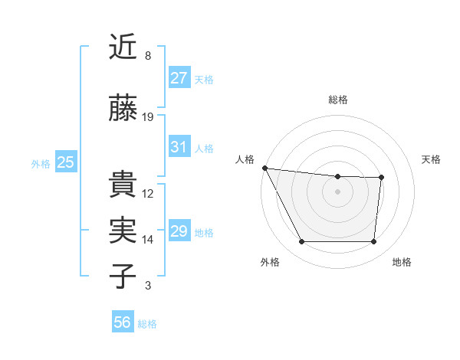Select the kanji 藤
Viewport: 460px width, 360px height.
tap(123, 109)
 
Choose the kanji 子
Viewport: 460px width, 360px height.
tap(123, 276)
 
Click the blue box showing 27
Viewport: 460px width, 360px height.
tap(179, 78)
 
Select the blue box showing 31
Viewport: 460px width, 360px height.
tap(179, 148)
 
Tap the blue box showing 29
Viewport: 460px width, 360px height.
tap(179, 231)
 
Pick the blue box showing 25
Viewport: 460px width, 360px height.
tap(65, 162)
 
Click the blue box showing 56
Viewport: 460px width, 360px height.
tap(123, 322)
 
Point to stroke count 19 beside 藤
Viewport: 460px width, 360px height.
tap(149, 117)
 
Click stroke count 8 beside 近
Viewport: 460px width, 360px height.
tap(148, 55)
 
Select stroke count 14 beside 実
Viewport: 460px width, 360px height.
tap(148, 240)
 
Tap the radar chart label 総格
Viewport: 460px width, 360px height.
tap(338, 100)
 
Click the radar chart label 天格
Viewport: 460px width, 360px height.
tap(431, 159)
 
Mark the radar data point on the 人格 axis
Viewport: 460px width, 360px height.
tap(264, 168)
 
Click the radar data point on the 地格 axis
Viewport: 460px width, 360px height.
tap(373, 242)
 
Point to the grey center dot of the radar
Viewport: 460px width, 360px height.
tap(337, 191)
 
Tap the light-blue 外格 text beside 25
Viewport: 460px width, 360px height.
tap(41, 163)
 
